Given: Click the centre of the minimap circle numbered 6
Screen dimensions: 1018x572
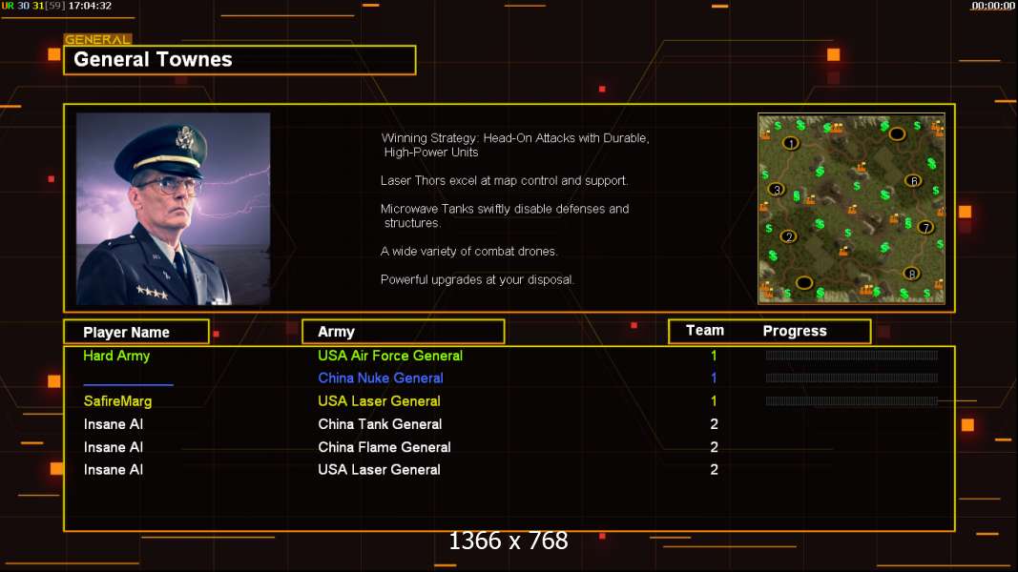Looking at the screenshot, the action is point(913,181).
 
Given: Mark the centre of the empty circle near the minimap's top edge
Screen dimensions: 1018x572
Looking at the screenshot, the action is point(897,134).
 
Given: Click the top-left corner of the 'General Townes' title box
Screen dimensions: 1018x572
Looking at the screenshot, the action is point(64,46).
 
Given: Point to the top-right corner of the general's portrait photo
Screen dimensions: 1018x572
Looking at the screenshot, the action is point(270,113).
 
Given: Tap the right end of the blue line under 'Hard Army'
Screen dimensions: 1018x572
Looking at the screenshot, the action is point(174,384).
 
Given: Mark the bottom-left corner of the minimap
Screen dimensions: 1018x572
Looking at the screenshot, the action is point(758,303).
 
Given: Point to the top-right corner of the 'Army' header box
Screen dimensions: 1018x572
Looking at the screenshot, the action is point(505,319).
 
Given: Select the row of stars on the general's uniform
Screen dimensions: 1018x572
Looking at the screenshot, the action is point(152,293).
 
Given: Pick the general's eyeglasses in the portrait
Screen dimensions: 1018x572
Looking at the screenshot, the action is point(168,186).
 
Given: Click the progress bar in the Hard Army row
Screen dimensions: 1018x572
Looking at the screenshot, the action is point(852,356).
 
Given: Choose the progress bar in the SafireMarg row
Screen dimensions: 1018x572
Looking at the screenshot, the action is point(852,401).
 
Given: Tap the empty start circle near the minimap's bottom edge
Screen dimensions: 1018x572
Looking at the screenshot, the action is point(803,283).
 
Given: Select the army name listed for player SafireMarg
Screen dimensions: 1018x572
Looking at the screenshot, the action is point(379,401).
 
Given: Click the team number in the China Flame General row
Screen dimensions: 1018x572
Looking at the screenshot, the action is point(715,447).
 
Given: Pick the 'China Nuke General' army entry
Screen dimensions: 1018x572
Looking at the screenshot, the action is point(381,378).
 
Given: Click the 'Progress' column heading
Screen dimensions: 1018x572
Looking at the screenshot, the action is point(795,332).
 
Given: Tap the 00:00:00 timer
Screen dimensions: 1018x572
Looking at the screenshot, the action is point(992,6).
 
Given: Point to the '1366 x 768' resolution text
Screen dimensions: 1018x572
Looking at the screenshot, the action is point(509,541).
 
